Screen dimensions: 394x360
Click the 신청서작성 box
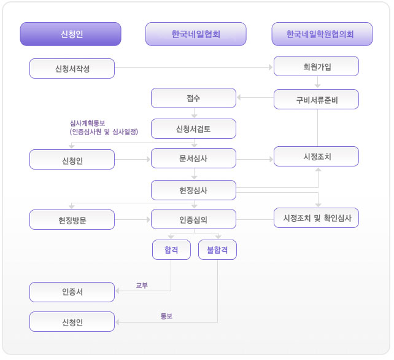tap(72, 68)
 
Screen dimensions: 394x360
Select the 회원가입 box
tap(316, 66)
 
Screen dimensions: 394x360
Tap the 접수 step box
tap(193, 98)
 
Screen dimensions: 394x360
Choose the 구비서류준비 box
tap(316, 100)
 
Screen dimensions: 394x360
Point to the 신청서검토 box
tap(193, 128)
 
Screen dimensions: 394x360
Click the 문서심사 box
tap(193, 158)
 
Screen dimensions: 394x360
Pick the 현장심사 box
tap(193, 190)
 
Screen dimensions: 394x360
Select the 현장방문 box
tap(72, 219)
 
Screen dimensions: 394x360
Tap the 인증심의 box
tap(193, 219)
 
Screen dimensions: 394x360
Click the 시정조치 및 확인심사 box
tap(316, 218)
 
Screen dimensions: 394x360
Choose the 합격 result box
tap(171, 250)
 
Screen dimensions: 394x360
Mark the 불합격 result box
tap(217, 250)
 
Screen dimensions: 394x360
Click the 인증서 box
tap(72, 292)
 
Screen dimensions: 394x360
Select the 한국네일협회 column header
tap(196, 34)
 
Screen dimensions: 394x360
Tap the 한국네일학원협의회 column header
tap(322, 34)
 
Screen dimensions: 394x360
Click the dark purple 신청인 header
tap(71, 34)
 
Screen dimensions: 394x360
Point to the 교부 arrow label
tap(142, 285)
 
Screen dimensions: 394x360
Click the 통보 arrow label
tap(166, 316)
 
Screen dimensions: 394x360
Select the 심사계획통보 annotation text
tap(87, 123)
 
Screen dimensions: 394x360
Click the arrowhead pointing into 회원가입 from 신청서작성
tap(271, 67)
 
